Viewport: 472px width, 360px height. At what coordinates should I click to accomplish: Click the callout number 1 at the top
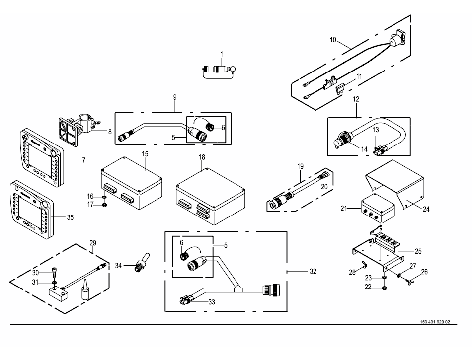[222, 54]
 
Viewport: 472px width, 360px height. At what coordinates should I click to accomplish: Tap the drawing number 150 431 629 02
[435, 322]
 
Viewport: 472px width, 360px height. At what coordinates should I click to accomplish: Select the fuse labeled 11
[340, 90]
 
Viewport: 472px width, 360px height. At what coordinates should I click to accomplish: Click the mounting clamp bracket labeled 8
[79, 129]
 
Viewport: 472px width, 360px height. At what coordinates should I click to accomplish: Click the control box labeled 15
[131, 183]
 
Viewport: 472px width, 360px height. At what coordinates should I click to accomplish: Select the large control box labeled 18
[211, 197]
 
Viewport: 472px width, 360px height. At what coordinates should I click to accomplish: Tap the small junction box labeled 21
[378, 209]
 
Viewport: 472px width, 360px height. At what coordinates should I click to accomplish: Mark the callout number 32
[313, 271]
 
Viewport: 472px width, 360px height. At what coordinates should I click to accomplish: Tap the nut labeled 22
[384, 288]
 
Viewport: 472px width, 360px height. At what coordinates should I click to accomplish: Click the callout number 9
[175, 97]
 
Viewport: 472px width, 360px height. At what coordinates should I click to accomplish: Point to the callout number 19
[300, 166]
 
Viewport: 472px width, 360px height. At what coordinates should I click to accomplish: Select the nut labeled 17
[104, 205]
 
